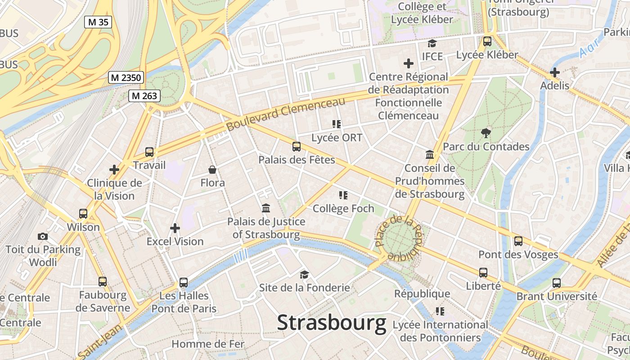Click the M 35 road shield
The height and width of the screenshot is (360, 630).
(98, 22)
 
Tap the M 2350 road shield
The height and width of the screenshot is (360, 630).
(126, 77)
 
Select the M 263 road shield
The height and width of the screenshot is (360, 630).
(144, 95)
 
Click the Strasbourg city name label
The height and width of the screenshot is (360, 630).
(332, 323)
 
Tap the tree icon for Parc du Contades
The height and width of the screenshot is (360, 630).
(486, 133)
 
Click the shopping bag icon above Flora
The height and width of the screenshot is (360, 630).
(212, 170)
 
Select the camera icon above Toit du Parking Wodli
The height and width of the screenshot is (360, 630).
(43, 236)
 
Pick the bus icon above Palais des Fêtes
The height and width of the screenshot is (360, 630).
(296, 146)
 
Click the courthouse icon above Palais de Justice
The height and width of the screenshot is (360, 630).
(266, 208)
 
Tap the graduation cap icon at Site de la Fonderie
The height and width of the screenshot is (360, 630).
(305, 274)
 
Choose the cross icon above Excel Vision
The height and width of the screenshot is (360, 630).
(175, 228)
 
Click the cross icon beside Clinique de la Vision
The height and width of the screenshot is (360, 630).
(114, 170)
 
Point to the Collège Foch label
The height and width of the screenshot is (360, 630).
(343, 208)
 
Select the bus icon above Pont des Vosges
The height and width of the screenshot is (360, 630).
(518, 241)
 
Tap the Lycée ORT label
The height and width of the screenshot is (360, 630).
(337, 138)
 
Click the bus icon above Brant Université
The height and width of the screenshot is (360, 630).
(557, 283)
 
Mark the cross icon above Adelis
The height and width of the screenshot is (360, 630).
(555, 72)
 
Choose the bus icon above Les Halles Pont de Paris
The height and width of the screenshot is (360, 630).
(184, 283)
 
